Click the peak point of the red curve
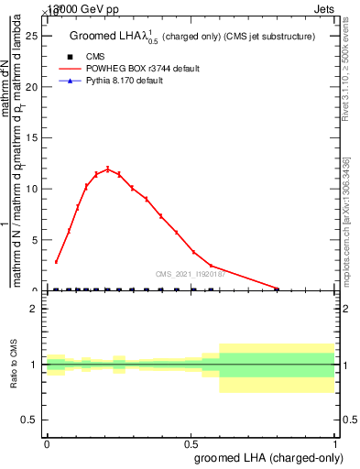pyautogui.click(x=107, y=169)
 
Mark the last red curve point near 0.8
pyautogui.click(x=278, y=289)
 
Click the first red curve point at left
pyautogui.click(x=56, y=262)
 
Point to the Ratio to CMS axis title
pyautogui.click(x=14, y=365)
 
